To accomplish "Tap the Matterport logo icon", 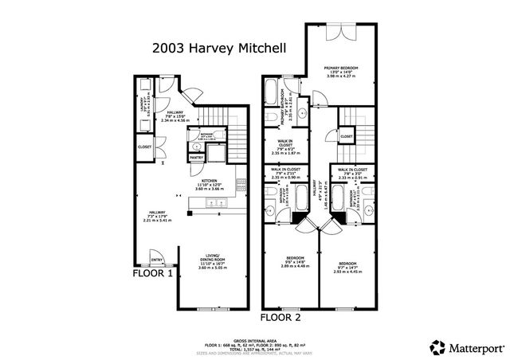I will point(437,346).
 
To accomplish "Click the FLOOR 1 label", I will point(153,273).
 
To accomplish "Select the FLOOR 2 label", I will point(280,317).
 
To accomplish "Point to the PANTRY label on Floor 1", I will point(196,158).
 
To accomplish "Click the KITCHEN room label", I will point(210,182).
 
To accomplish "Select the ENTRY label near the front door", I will point(157,259).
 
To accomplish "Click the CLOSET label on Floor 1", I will point(144,147).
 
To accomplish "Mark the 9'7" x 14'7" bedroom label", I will point(347,266).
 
